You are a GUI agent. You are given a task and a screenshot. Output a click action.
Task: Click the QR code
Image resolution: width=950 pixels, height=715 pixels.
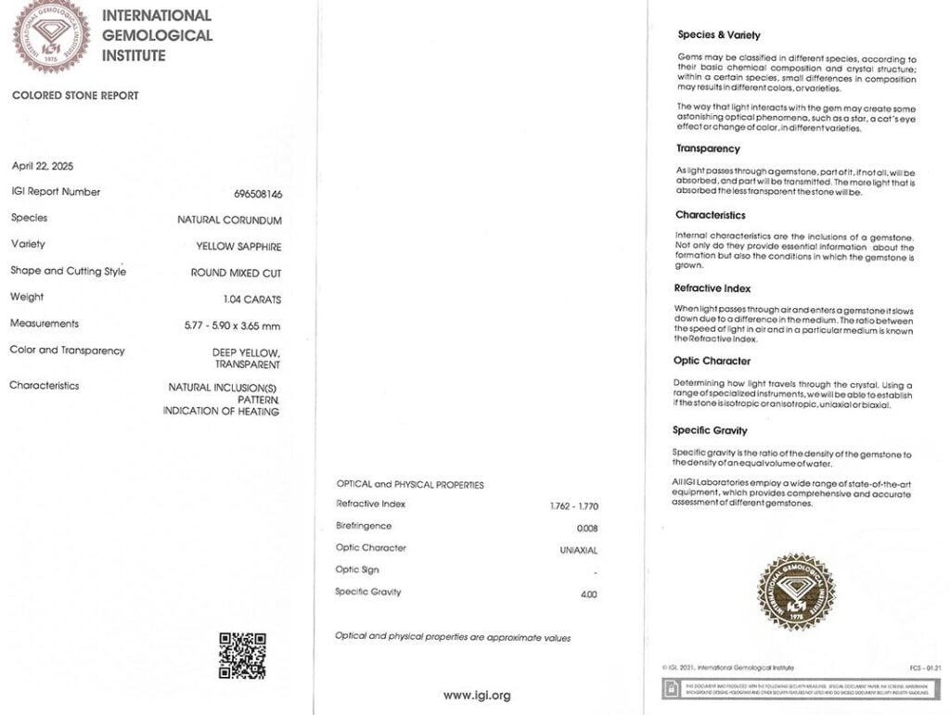tap(242, 656)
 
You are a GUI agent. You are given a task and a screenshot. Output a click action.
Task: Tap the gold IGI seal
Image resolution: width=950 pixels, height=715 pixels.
tap(795, 592)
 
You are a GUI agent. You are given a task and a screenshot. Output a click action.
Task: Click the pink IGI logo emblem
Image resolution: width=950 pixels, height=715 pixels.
tap(51, 34)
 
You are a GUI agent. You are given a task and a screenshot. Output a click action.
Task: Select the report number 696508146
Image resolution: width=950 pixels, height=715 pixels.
tap(258, 194)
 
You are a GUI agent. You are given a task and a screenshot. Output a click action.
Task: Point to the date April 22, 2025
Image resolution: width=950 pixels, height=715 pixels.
tap(43, 166)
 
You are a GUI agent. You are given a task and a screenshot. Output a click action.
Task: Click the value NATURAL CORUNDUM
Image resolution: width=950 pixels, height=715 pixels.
tap(229, 220)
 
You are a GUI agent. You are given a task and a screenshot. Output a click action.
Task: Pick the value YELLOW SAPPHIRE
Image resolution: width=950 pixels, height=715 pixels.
tap(238, 247)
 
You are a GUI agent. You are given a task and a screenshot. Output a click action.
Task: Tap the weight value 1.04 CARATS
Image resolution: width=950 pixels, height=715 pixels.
tap(252, 300)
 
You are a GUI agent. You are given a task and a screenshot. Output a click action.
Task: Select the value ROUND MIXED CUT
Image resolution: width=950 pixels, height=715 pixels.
tap(236, 274)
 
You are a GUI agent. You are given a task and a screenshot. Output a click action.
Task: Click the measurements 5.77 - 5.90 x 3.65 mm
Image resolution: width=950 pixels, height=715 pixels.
tap(232, 326)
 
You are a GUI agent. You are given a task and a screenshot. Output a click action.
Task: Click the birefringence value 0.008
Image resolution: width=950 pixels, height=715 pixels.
tap(587, 528)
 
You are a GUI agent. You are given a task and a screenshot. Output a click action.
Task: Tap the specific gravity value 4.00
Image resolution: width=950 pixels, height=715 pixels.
tap(588, 594)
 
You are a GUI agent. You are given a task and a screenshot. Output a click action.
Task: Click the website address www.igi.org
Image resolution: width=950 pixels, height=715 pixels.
tap(477, 695)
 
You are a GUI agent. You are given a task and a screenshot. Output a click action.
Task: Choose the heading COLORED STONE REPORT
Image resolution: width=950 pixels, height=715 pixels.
tap(75, 96)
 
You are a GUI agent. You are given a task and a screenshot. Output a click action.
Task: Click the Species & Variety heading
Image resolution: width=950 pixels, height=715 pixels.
tap(719, 35)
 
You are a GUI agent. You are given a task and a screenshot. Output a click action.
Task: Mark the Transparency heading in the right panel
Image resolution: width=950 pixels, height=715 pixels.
tap(708, 148)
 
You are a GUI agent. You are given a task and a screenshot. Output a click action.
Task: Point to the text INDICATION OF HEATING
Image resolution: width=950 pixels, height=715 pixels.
tap(221, 411)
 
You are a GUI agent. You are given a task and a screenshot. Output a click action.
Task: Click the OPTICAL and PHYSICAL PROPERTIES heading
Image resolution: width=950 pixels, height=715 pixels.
tap(409, 484)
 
